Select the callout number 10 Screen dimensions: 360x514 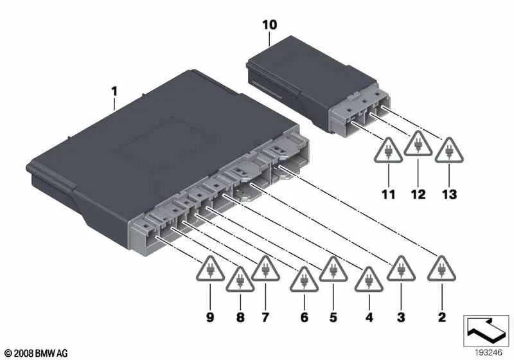coord(270,25)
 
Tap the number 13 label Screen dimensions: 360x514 coord(448,193)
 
